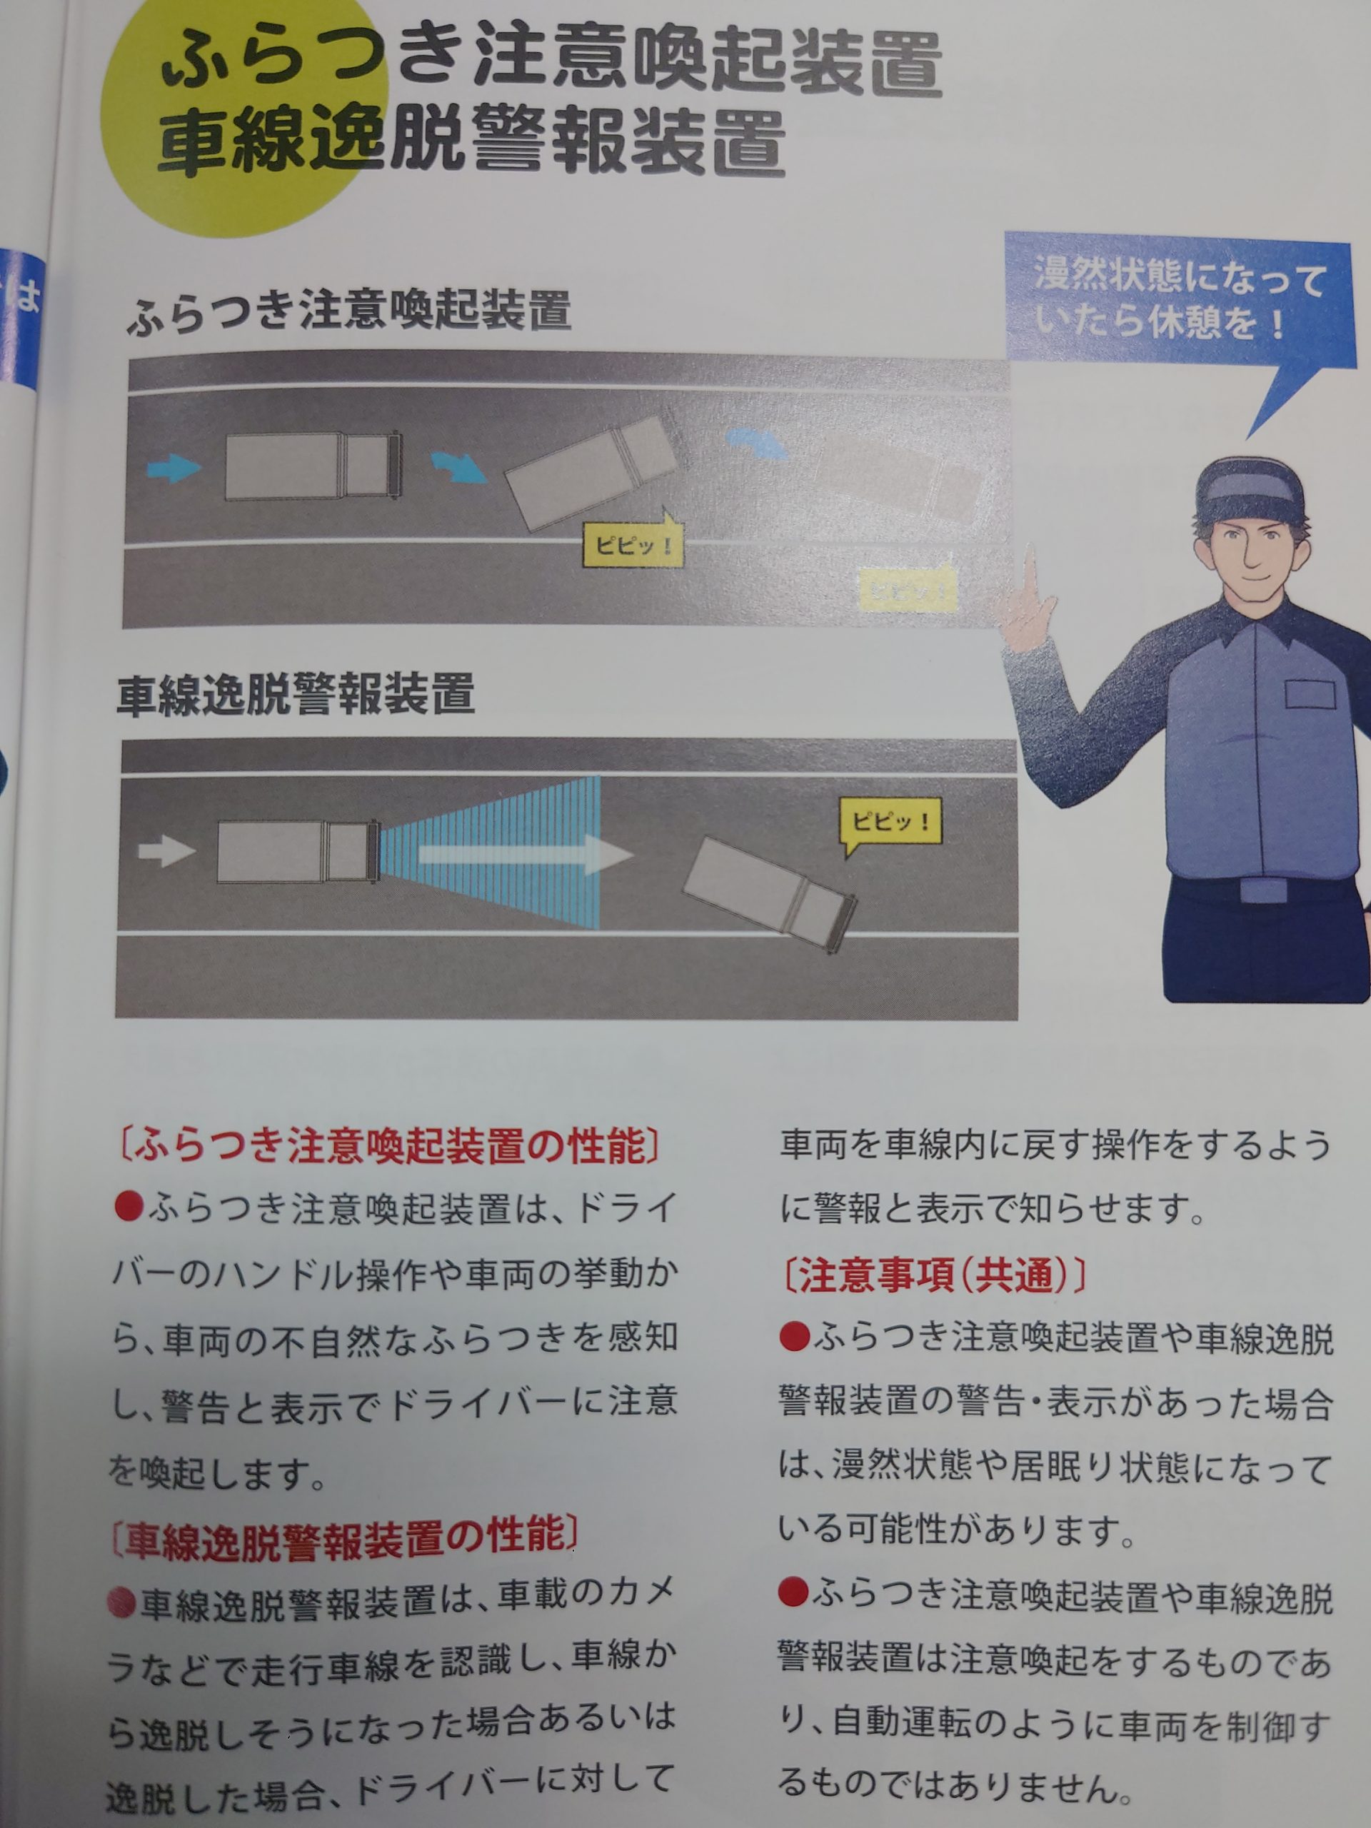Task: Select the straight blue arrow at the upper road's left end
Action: [174, 468]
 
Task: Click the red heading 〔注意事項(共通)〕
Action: [933, 1276]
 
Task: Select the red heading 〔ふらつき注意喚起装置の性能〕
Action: [389, 1145]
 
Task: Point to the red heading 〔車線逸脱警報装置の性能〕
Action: [343, 1536]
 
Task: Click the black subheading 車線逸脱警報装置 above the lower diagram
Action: [296, 694]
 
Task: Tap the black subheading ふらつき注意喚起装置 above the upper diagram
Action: [348, 311]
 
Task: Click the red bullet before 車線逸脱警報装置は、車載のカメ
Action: [121, 1602]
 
